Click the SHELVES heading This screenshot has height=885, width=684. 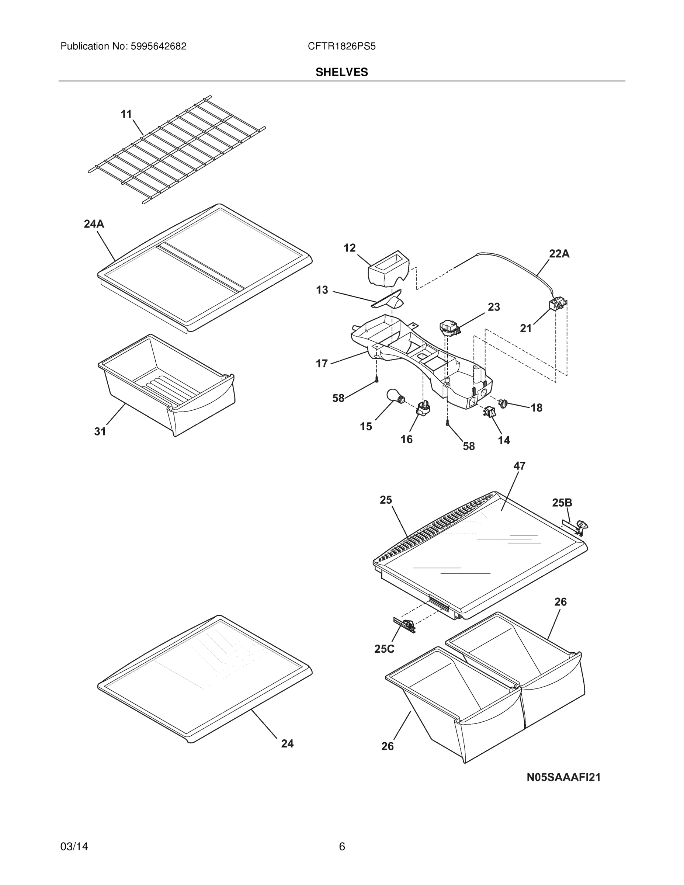(x=341, y=72)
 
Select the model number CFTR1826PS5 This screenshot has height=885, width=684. (x=341, y=46)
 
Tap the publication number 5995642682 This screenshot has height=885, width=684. (x=159, y=46)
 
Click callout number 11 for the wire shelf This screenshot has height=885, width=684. (x=126, y=114)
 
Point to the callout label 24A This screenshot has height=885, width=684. (x=94, y=224)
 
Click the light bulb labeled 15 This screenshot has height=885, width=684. (x=394, y=396)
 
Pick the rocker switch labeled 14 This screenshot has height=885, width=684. (x=489, y=412)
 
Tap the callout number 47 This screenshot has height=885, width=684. (x=519, y=466)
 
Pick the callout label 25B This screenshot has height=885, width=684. (x=562, y=503)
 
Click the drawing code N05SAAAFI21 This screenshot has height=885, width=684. (x=563, y=777)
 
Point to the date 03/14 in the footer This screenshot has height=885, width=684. (x=74, y=847)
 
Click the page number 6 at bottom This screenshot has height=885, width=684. (x=341, y=847)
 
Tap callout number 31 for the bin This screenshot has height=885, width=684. (x=100, y=431)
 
